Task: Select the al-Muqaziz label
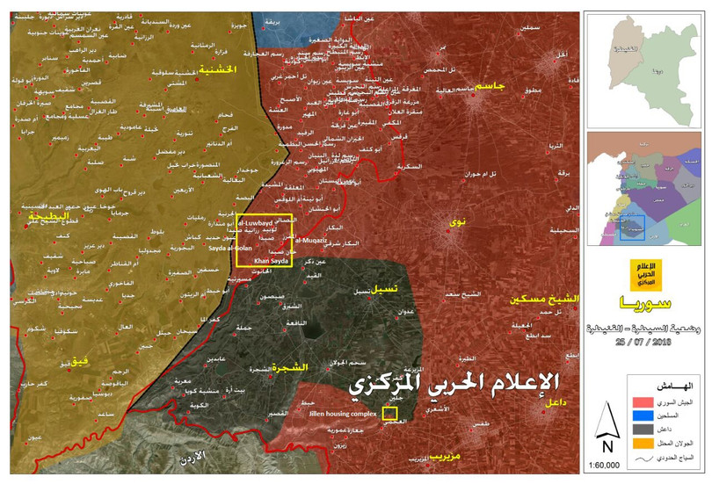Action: tap(310, 239)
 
